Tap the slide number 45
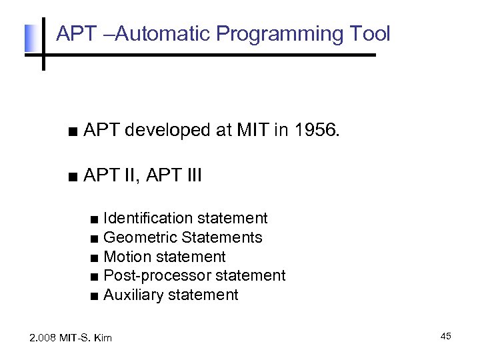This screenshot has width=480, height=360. click(x=445, y=337)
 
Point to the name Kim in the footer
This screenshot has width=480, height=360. click(x=103, y=338)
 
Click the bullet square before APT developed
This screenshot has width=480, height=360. click(x=72, y=132)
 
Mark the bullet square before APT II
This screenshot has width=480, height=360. click(x=72, y=177)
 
